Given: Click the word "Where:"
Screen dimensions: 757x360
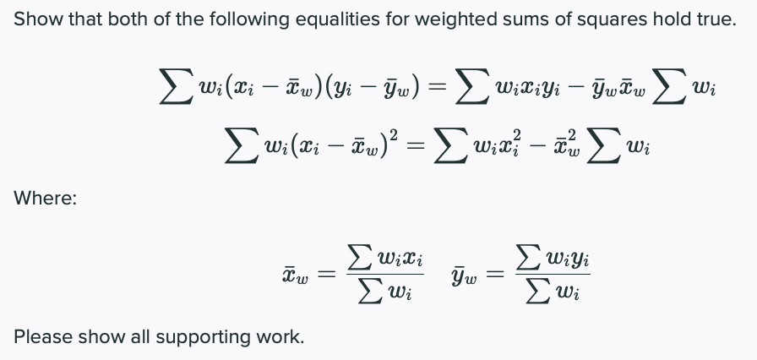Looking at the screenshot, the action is point(46,199).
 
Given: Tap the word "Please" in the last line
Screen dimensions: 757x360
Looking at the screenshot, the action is point(40,336).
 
